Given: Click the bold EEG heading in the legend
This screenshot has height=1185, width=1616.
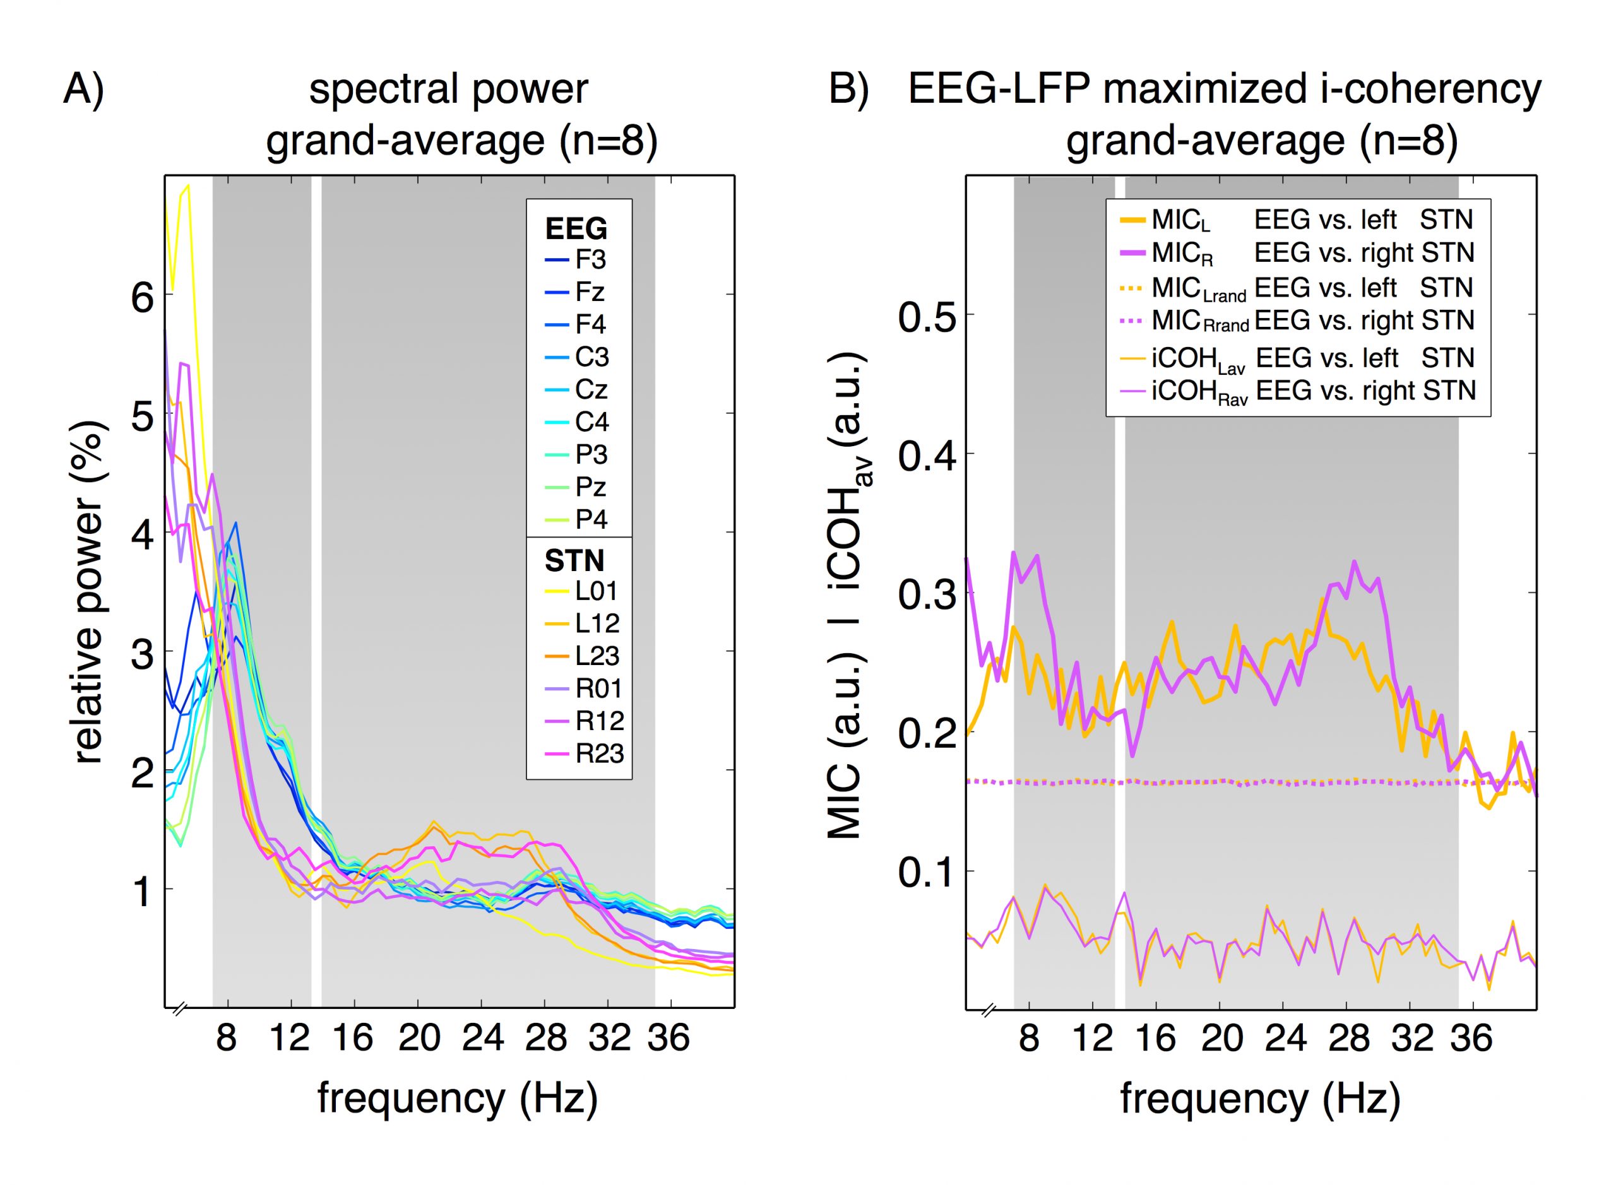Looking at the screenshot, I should point(576,229).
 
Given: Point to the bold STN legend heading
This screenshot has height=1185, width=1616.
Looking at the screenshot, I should point(574,560).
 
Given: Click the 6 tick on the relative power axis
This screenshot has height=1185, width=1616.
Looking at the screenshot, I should point(142,295).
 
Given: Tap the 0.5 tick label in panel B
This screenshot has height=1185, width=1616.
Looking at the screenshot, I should point(927,316).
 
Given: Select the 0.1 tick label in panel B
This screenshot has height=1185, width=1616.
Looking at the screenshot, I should point(927,872).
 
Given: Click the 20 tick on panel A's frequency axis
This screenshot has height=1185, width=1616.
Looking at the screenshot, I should point(419,1038).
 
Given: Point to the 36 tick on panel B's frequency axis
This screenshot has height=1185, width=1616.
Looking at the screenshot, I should point(1471,1038).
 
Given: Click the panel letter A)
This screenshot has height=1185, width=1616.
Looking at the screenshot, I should point(84,90).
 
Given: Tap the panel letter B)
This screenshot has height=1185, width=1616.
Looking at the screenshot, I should point(849,90).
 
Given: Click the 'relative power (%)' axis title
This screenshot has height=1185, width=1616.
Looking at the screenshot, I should point(89,592).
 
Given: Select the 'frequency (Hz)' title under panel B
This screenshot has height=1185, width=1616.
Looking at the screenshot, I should point(1260,1099).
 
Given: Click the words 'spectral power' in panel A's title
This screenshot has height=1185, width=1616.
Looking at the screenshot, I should point(448,90).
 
